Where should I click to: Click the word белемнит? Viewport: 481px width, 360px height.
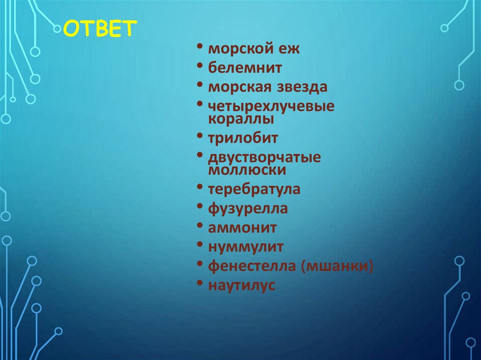coord(245,68)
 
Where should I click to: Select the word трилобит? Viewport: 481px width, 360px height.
coord(243,138)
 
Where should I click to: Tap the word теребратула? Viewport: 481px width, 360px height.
coord(254,190)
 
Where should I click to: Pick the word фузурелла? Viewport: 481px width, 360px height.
coord(248,209)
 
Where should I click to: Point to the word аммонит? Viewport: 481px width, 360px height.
coord(242,228)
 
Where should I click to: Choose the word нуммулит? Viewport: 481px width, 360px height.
coord(246,247)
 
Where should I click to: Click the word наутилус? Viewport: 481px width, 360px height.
coord(241,285)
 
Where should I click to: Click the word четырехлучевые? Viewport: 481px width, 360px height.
coord(272,107)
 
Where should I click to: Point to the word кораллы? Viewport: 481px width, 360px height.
coord(241,119)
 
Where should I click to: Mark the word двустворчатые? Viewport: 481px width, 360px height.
coord(264,158)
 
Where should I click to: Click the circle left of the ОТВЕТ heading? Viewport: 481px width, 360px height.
coord(57,29)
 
